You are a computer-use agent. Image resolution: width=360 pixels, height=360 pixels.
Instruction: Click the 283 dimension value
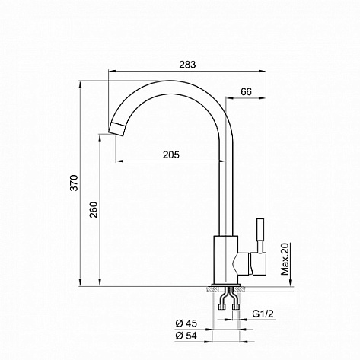pyautogui.click(x=187, y=65)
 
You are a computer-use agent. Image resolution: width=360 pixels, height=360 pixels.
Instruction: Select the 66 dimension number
pyautogui.click(x=246, y=91)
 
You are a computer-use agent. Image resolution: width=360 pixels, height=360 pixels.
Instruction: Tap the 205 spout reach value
pyautogui.click(x=170, y=155)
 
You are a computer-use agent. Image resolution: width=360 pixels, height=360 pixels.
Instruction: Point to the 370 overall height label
pyautogui.click(x=75, y=183)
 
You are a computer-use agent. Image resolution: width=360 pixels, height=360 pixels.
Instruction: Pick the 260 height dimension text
pyautogui.click(x=94, y=209)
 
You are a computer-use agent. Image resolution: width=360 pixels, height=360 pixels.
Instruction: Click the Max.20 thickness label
pyautogui.click(x=285, y=259)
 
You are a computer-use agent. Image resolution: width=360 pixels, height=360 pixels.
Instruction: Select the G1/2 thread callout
pyautogui.click(x=263, y=314)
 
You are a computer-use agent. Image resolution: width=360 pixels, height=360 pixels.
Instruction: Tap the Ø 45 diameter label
pyautogui.click(x=186, y=323)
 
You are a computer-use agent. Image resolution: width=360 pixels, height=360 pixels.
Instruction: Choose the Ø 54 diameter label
pyautogui.click(x=186, y=336)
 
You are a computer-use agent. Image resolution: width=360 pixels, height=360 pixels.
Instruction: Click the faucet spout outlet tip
pyautogui.click(x=116, y=129)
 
